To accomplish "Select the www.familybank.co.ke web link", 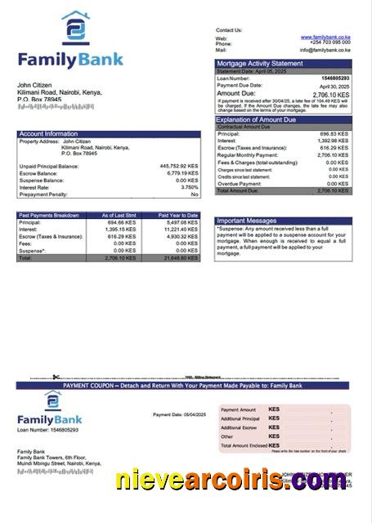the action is tap(325, 37).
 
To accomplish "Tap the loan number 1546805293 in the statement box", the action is tap(333, 78).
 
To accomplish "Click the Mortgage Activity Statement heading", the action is tap(259, 63).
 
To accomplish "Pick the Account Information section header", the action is tap(49, 133).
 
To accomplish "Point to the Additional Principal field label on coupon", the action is tap(239, 418).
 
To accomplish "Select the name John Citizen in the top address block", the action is tap(35, 85).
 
